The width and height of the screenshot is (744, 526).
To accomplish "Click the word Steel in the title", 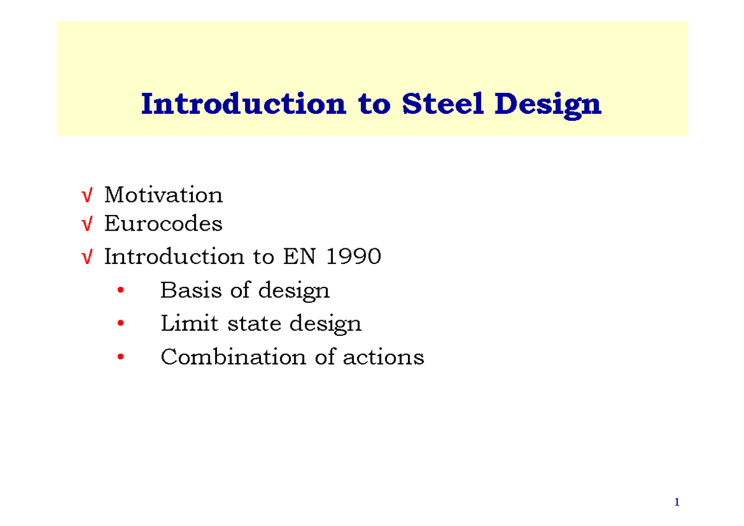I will point(443,104).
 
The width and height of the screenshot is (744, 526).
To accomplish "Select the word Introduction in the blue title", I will point(242,104).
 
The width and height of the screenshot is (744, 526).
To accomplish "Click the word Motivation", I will point(163,195).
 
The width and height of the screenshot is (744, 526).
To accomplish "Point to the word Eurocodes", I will point(163,223).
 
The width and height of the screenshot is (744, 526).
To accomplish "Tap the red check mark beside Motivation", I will point(87,196).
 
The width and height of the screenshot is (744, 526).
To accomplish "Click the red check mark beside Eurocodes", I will point(87,224).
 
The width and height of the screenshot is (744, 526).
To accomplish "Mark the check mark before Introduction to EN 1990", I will point(87,256).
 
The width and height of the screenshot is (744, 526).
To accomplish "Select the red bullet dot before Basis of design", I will point(121,291).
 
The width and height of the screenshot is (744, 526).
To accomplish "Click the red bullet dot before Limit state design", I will point(121,324).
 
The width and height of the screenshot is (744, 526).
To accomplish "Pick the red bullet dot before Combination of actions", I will point(121,357).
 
